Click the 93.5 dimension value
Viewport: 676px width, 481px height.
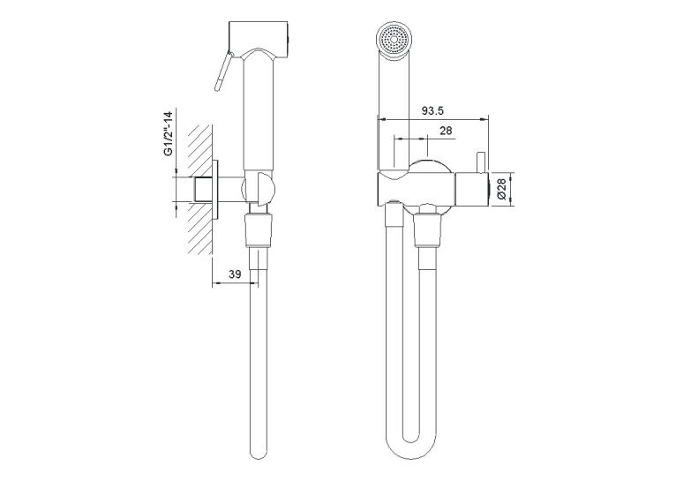432,111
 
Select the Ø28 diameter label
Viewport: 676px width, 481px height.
501,189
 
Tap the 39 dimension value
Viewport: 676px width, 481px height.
235,274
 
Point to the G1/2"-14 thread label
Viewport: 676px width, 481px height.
169,133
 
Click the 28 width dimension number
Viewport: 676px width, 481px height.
447,130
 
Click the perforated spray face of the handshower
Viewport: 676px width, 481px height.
394,39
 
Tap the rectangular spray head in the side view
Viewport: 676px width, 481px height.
259,39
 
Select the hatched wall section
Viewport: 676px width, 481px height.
200,190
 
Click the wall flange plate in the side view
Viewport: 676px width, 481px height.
216,190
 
